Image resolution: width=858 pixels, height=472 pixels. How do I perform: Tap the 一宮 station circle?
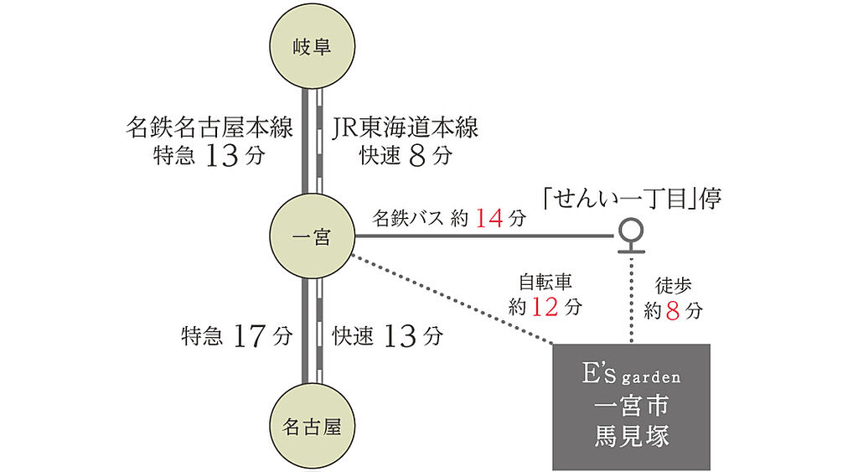pos(311,238)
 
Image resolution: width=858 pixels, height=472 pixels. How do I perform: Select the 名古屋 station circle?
pos(311,427)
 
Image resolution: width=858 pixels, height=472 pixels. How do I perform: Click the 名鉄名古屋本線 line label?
pos(209,128)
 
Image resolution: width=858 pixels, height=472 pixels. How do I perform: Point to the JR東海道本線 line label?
pos(406,128)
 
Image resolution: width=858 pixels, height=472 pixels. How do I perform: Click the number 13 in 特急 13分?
pos(222,156)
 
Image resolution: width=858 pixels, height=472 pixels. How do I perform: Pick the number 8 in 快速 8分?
pos(419,156)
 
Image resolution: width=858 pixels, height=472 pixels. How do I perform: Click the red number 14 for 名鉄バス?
pos(489,219)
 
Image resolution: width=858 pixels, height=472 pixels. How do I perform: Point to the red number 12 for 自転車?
pos(545,308)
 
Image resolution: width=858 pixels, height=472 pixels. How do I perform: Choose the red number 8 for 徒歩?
pos(673,311)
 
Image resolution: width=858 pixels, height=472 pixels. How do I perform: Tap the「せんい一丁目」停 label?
pos(630,199)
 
